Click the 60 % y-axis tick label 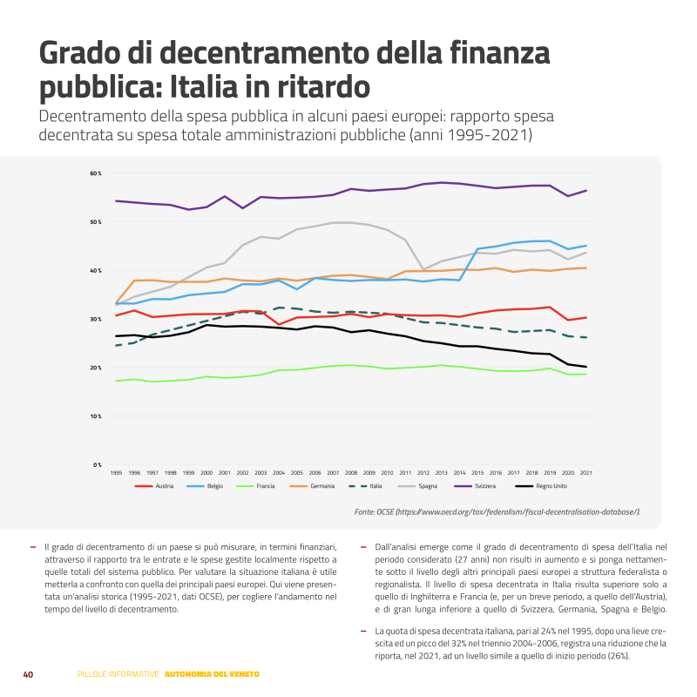95,173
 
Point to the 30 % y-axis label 95,319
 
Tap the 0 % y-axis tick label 97,464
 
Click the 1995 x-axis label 116,472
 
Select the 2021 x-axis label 585,472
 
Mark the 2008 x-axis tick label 351,472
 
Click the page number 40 28,674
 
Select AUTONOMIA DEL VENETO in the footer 212,674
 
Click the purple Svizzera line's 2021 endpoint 585,190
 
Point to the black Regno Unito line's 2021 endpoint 585,367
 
